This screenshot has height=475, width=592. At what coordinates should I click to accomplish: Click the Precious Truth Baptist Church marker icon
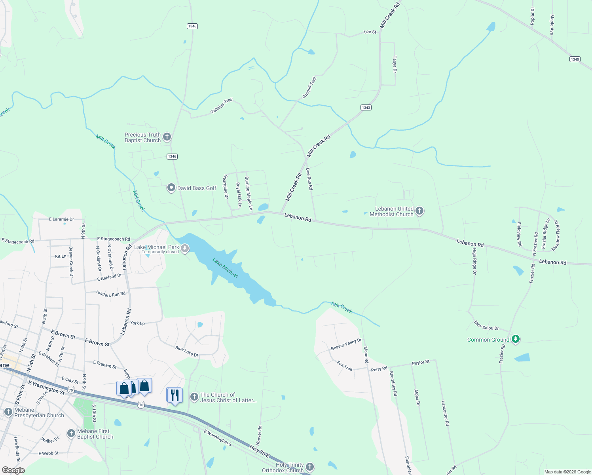click(x=167, y=137)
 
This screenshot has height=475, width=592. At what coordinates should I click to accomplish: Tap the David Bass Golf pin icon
click(x=171, y=188)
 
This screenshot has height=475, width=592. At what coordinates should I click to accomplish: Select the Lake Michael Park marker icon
click(x=185, y=248)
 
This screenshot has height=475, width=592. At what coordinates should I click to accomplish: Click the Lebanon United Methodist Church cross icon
click(x=419, y=211)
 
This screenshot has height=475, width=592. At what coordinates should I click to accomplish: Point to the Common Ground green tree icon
click(x=515, y=339)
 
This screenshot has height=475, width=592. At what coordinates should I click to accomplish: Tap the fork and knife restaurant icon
click(x=174, y=395)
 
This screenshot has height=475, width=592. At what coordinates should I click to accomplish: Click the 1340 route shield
click(x=575, y=59)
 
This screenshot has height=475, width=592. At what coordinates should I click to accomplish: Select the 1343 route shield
click(x=366, y=108)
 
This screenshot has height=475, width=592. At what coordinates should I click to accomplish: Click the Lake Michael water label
click(x=225, y=268)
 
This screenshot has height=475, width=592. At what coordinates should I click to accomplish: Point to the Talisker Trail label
click(x=222, y=106)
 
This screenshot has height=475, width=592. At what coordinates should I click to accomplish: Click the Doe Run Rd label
click(x=309, y=179)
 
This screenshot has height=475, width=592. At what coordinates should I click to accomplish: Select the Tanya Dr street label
click(x=395, y=64)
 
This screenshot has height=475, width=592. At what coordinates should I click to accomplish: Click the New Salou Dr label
click(x=486, y=325)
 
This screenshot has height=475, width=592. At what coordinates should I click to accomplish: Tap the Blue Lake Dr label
click(x=187, y=351)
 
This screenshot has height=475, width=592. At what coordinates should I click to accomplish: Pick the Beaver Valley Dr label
click(x=346, y=344)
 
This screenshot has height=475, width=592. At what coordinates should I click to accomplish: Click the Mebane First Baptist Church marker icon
click(x=71, y=433)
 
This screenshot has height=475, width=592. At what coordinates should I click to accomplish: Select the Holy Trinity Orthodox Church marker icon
click(x=310, y=467)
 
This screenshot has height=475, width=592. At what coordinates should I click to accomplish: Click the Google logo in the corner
click(x=13, y=470)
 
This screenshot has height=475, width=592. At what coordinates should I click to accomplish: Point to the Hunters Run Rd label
click(x=111, y=294)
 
